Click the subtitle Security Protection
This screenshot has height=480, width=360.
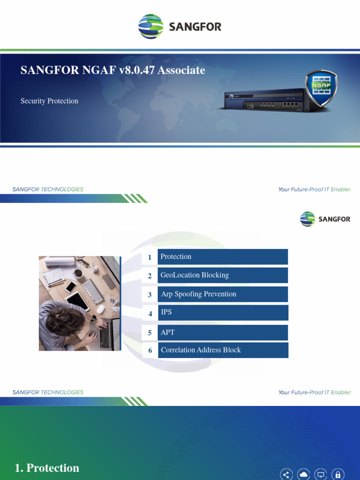(x=49, y=101)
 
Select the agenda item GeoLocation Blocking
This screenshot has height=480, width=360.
(x=223, y=275)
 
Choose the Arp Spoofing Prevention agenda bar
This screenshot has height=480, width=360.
(x=223, y=294)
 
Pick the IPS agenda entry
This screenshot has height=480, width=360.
(x=223, y=313)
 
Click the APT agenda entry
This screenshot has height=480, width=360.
(x=223, y=332)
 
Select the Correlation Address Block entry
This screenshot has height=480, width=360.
(x=223, y=350)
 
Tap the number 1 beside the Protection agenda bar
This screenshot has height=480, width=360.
(x=150, y=257)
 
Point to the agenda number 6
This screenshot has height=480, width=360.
(x=150, y=351)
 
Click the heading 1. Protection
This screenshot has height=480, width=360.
(x=47, y=468)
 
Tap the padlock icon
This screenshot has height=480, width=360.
(x=337, y=474)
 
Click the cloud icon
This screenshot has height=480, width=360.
(x=304, y=474)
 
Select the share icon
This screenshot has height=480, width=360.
(x=286, y=474)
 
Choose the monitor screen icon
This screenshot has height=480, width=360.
(x=321, y=474)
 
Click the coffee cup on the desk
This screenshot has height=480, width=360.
(x=78, y=273)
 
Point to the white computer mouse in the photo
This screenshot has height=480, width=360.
(x=101, y=308)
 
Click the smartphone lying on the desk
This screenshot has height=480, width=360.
(x=71, y=286)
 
